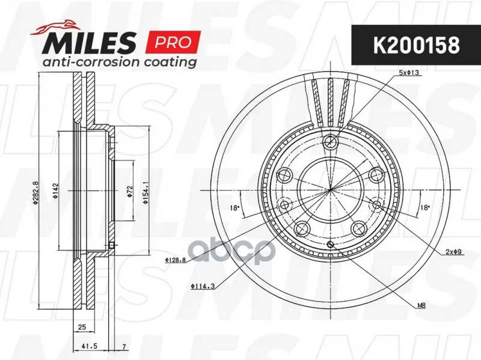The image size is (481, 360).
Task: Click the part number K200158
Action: pyautogui.click(x=416, y=45)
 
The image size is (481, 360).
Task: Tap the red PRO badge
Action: pyautogui.click(x=174, y=42)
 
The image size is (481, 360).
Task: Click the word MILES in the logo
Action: pyautogui.click(x=89, y=43)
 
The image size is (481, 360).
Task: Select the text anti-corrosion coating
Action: pyautogui.click(x=120, y=62)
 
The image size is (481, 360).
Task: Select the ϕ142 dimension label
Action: pyautogui.click(x=55, y=191)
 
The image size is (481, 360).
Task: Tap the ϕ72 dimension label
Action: pyautogui.click(x=130, y=191)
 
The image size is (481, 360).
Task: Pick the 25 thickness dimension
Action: pyautogui.click(x=82, y=327)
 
